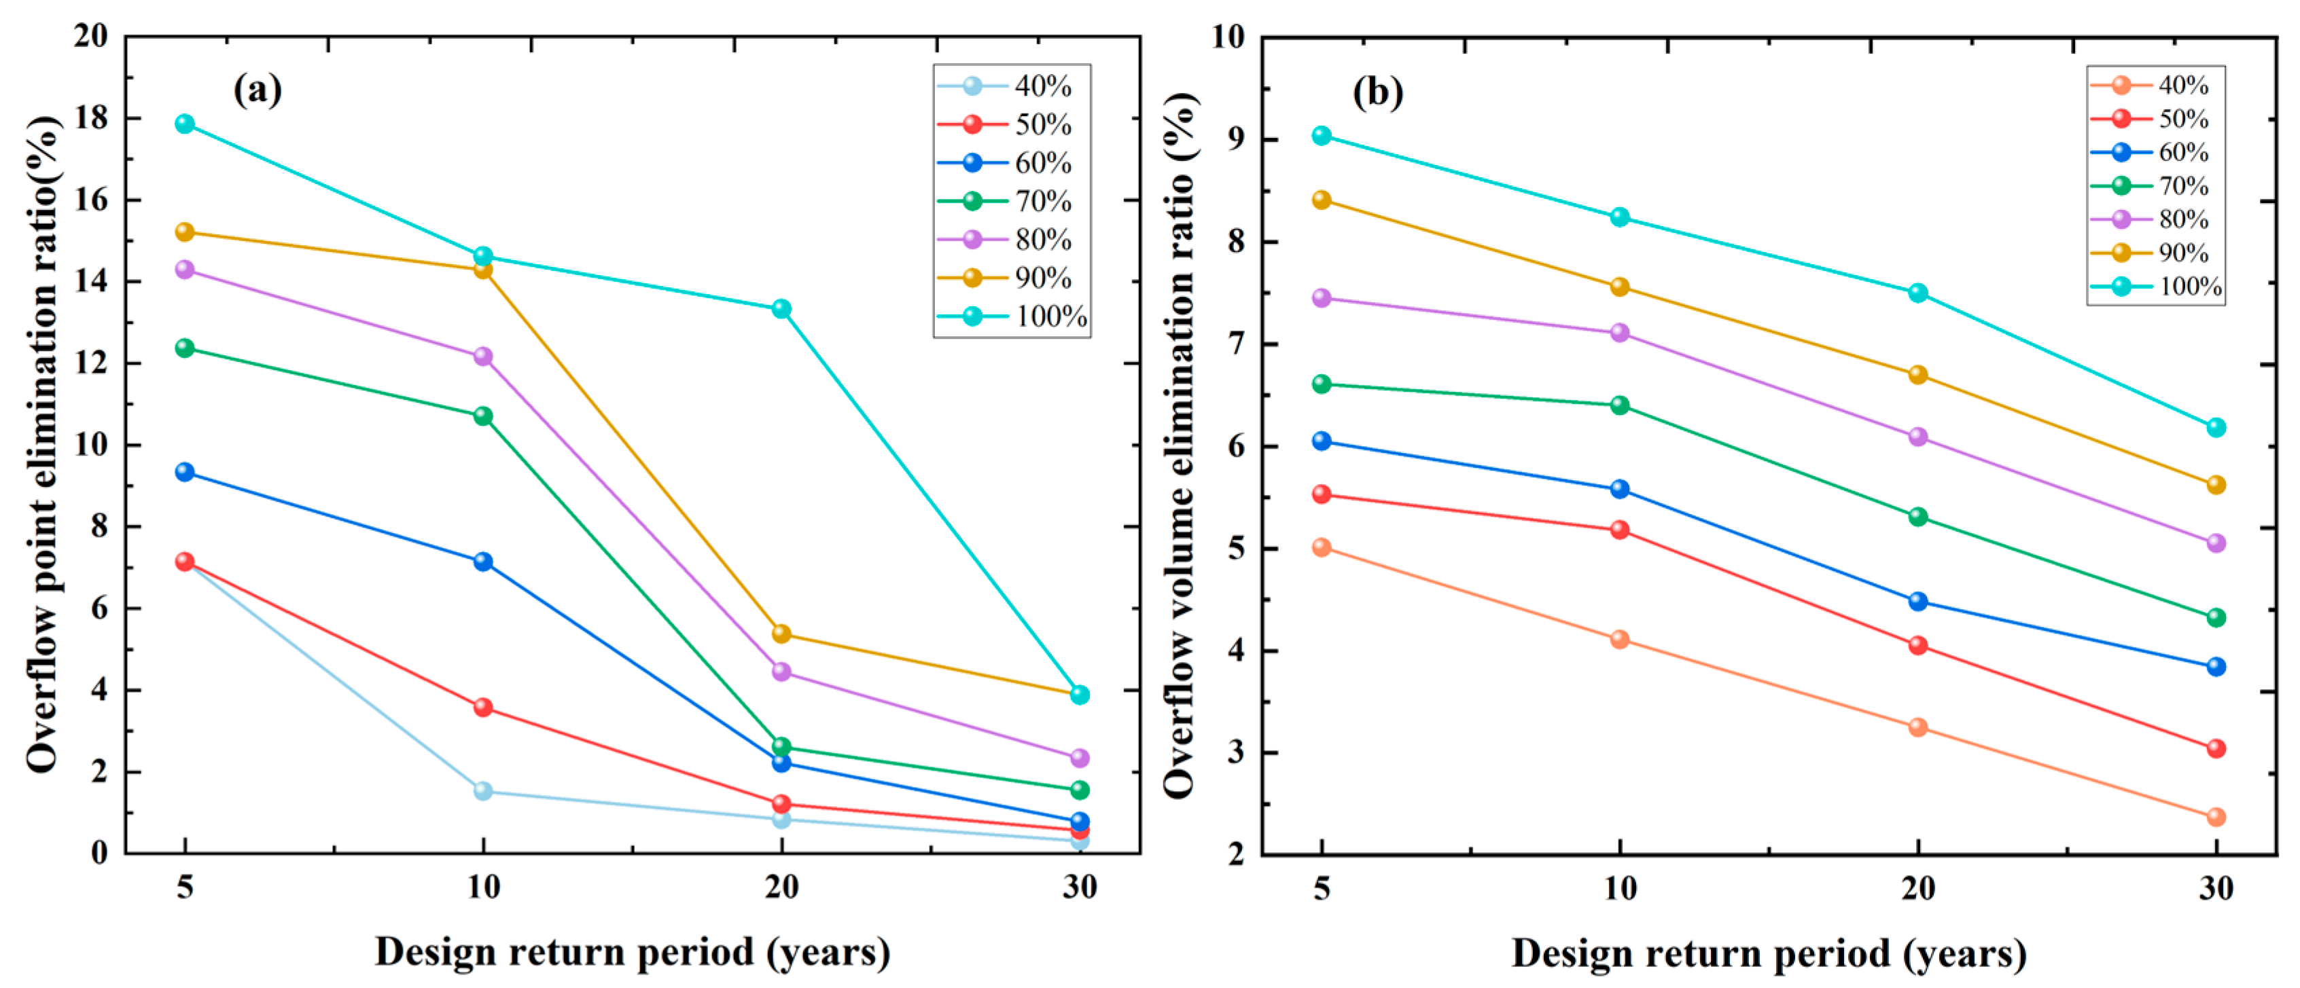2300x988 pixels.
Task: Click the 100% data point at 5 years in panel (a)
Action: pyautogui.click(x=185, y=123)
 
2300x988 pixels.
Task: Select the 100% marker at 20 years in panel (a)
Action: pyautogui.click(x=781, y=309)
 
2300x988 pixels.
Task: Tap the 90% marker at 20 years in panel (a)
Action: pyautogui.click(x=781, y=634)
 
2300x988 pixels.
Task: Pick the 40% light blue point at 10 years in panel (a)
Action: pyautogui.click(x=483, y=791)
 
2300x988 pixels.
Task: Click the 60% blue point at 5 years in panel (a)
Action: pyautogui.click(x=185, y=471)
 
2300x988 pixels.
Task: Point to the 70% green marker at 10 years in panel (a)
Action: pyautogui.click(x=483, y=416)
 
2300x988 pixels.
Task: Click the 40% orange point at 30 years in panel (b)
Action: pyautogui.click(x=2216, y=817)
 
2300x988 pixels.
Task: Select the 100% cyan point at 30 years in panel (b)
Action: pyautogui.click(x=2216, y=428)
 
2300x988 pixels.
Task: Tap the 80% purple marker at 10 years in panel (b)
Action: pyautogui.click(x=1620, y=333)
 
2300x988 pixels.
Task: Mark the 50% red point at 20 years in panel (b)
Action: pyautogui.click(x=1918, y=645)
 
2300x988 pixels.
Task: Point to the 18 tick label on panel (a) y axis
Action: pyautogui.click(x=90, y=117)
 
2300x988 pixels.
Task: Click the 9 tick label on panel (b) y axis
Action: pyautogui.click(x=1237, y=139)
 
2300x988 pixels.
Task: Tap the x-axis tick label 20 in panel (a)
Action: pyautogui.click(x=781, y=887)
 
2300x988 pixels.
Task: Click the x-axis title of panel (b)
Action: pyautogui.click(x=1768, y=953)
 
